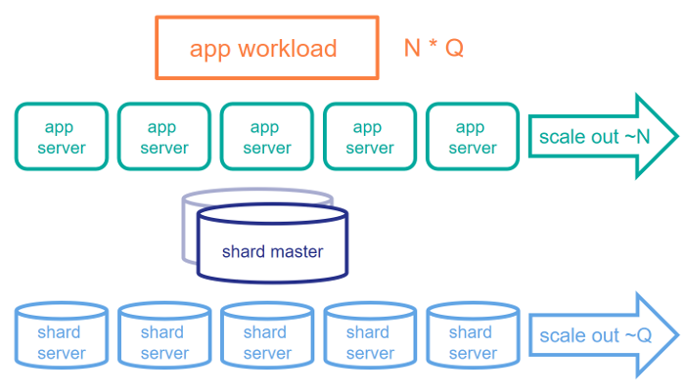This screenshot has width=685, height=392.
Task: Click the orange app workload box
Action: [266, 48]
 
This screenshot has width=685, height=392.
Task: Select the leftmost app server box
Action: [62, 137]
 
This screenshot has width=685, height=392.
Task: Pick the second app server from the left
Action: [164, 137]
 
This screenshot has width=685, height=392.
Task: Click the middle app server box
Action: [267, 137]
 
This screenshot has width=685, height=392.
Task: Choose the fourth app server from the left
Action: [370, 137]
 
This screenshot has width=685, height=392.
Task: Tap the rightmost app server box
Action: [473, 137]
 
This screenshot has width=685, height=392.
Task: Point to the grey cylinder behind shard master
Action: [189, 230]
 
